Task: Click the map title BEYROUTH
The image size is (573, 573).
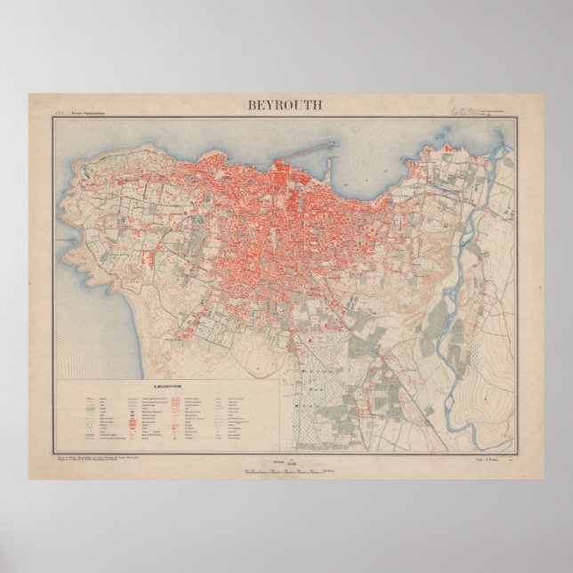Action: click(x=286, y=104)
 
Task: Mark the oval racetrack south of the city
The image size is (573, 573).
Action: click(x=319, y=339)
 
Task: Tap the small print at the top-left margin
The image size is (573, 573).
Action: click(x=71, y=112)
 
